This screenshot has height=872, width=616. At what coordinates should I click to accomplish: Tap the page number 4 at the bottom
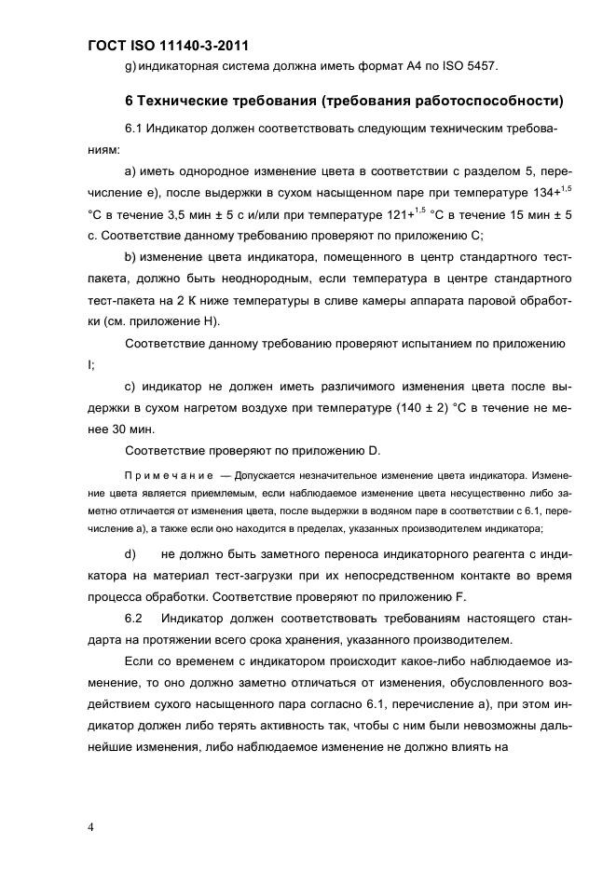(91, 826)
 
